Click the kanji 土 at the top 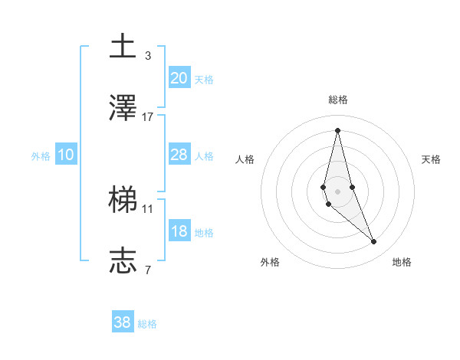click(x=123, y=46)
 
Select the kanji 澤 click(x=123, y=107)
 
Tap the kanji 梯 click(x=123, y=199)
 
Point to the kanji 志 click(x=123, y=260)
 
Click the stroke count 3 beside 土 click(x=148, y=55)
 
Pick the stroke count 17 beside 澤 click(x=148, y=116)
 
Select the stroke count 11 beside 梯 click(x=148, y=208)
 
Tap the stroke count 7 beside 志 click(x=148, y=270)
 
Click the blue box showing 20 click(x=179, y=78)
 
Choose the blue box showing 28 click(x=179, y=155)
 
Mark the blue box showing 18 click(x=179, y=231)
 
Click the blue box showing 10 click(x=65, y=155)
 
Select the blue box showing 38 click(x=123, y=322)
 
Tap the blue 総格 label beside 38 click(x=147, y=324)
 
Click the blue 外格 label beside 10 click(x=41, y=156)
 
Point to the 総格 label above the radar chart click(x=337, y=100)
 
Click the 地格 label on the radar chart click(x=402, y=262)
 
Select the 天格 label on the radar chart click(x=431, y=159)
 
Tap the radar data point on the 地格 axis click(x=374, y=242)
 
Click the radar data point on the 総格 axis click(x=337, y=129)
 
